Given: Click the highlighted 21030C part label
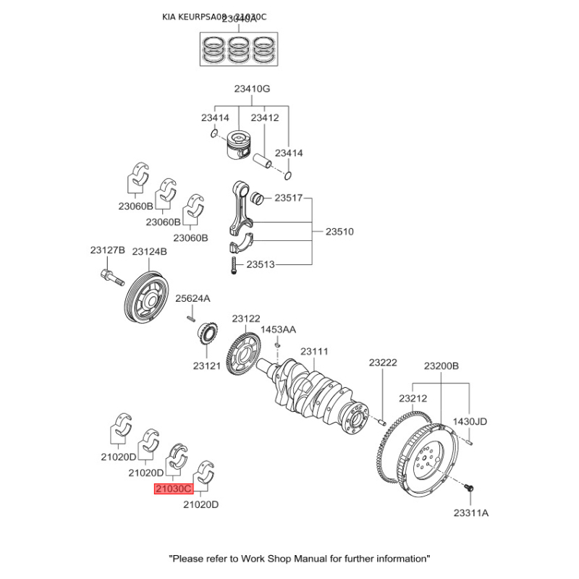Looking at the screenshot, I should point(173,489).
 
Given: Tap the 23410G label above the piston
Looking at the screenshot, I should point(252,89).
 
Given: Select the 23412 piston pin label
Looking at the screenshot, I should point(265,117).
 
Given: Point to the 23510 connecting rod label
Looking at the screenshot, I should point(339,232).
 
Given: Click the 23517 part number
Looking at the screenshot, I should point(288,198).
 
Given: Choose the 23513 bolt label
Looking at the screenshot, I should point(261,265).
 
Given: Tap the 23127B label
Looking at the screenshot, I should point(108,250).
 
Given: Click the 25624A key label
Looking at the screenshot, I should point(193,298).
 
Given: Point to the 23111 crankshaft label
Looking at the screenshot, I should point(315,352).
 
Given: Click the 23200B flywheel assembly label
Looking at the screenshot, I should point(441,366).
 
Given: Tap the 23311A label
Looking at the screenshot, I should point(471,513).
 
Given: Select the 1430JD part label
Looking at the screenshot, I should point(470,421).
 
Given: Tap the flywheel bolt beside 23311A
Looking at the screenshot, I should point(468,490).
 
